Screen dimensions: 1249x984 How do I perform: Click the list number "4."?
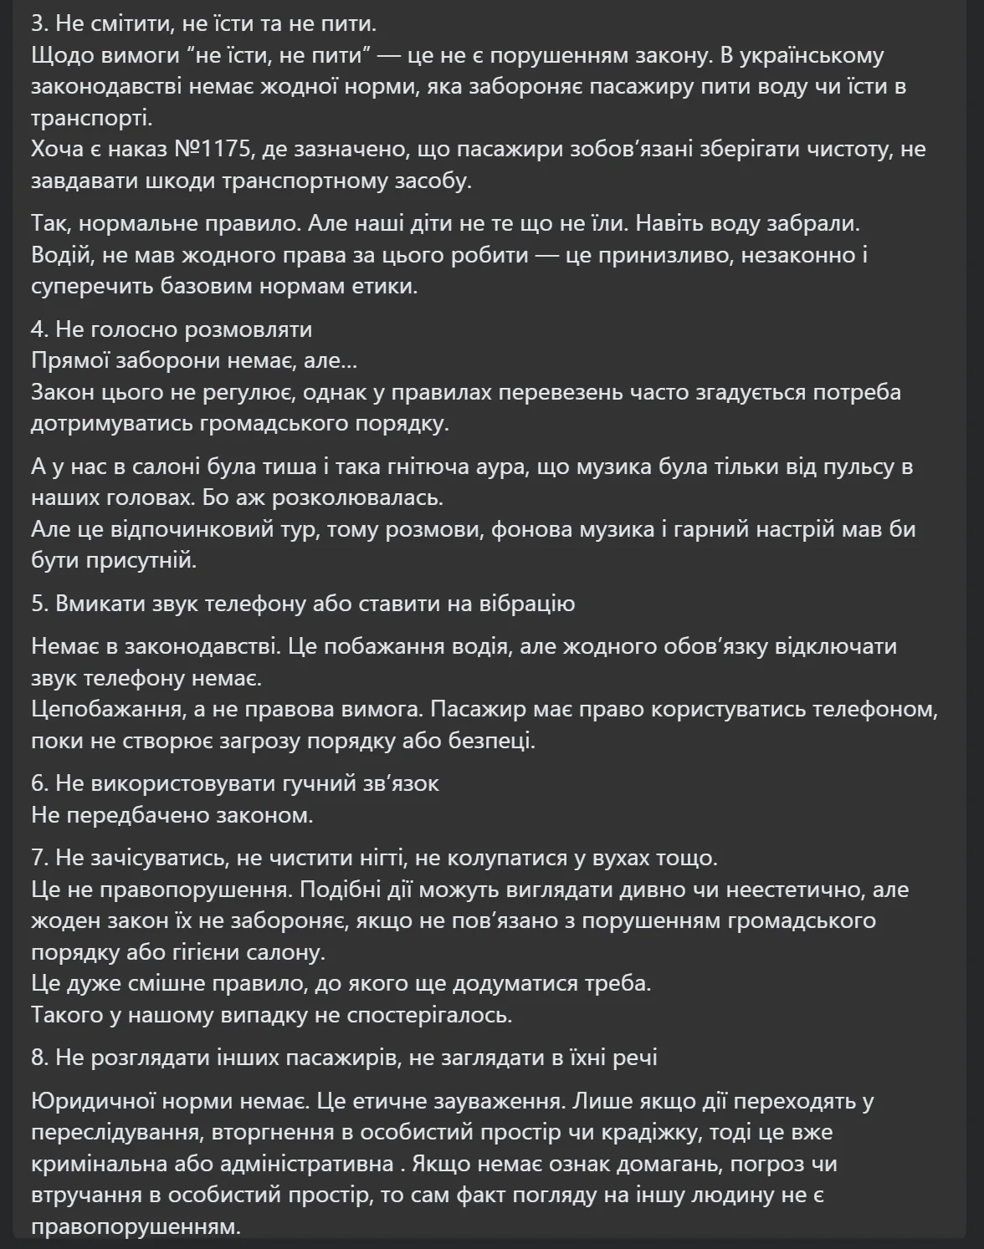(40, 329)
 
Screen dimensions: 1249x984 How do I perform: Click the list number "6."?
(40, 783)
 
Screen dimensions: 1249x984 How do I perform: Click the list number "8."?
(40, 1058)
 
